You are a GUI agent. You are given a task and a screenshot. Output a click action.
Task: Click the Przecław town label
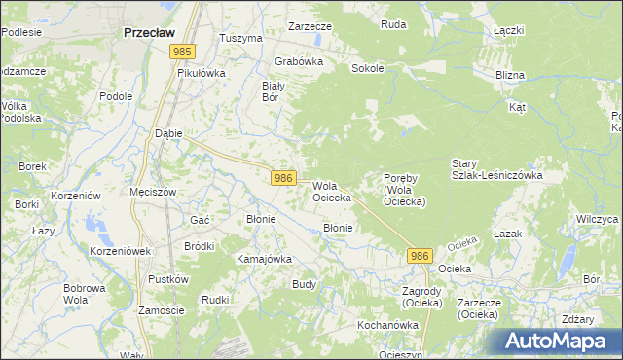(149, 32)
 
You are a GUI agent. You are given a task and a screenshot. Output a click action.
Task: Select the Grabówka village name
(298, 60)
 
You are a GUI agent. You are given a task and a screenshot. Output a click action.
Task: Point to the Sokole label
(368, 69)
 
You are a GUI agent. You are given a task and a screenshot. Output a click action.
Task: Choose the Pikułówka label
(202, 73)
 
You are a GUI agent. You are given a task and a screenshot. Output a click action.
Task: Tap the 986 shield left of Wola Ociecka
(283, 178)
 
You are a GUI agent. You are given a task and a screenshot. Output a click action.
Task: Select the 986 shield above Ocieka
(419, 255)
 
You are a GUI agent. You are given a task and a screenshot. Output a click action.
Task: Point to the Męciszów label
(153, 192)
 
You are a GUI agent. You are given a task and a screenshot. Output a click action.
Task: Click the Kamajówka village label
(265, 260)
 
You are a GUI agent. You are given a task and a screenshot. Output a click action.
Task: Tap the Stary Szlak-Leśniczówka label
(496, 169)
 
